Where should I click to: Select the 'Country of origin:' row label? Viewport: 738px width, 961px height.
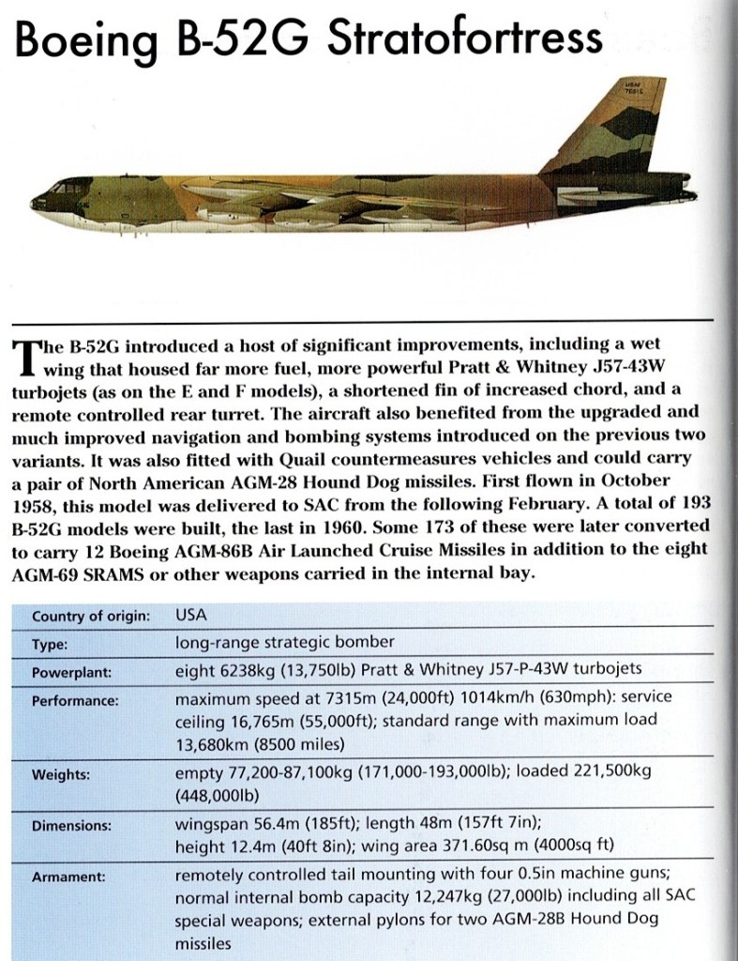pyautogui.click(x=91, y=616)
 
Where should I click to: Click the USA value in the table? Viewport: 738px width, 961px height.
pyautogui.click(x=191, y=616)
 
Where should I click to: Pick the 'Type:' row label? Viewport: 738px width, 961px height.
pyautogui.click(x=51, y=645)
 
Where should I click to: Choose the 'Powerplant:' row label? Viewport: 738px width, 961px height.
pyautogui.click(x=71, y=673)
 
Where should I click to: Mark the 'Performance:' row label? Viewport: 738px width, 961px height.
pyautogui.click(x=75, y=700)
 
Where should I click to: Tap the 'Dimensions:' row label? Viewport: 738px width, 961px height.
pyautogui.click(x=71, y=827)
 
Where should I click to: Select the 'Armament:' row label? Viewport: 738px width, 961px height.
pyautogui.click(x=68, y=877)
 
